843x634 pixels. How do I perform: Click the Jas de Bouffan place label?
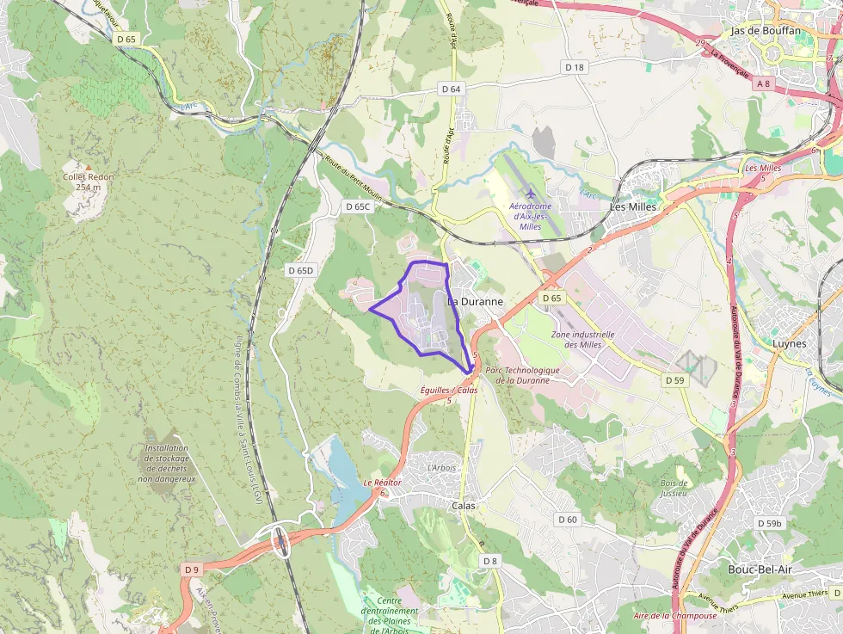tap(765, 31)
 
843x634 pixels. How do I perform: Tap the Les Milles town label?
tap(632, 207)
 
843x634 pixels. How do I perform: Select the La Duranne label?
tap(476, 302)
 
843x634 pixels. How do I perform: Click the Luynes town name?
tap(790, 343)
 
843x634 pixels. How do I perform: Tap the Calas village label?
tap(464, 506)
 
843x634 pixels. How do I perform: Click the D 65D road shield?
tap(301, 270)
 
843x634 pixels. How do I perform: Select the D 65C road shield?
tap(357, 206)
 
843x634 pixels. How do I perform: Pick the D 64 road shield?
tap(452, 89)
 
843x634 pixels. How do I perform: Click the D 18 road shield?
tap(575, 66)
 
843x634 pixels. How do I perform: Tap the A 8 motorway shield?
tap(764, 83)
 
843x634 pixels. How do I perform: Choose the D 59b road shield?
tap(770, 523)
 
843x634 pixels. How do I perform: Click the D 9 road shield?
tap(191, 569)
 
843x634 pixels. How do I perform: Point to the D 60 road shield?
tap(567, 520)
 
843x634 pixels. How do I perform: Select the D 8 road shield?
tap(489, 561)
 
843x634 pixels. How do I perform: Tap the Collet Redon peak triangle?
tap(87, 166)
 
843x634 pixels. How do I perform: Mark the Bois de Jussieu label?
tap(674, 488)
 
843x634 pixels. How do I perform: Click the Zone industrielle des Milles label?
tap(582, 339)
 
